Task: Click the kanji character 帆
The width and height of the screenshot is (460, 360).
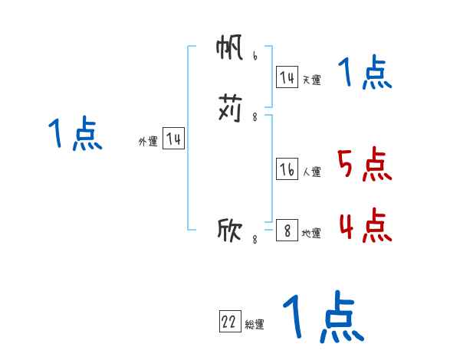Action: tap(230, 50)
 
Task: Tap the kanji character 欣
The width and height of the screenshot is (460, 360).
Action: tap(230, 229)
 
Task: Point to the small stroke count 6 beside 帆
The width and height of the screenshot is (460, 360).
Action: tap(255, 56)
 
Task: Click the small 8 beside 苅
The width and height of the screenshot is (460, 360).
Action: tap(255, 117)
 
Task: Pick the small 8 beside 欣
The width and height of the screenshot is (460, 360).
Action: tap(255, 239)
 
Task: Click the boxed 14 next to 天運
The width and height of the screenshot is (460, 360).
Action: tap(287, 77)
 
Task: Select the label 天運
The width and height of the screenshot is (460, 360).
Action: tap(311, 80)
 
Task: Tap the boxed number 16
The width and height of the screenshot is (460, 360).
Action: tap(287, 170)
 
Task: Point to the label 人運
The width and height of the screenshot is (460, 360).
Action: tap(311, 172)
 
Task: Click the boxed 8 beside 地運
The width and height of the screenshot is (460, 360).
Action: tap(287, 231)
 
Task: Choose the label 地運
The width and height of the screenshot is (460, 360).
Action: tap(311, 233)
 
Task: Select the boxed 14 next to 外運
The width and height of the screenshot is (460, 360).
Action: tap(173, 139)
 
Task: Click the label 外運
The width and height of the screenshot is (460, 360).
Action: tap(148, 141)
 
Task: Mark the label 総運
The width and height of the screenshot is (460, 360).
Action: tap(255, 325)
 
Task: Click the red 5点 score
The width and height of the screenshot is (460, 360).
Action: tap(365, 165)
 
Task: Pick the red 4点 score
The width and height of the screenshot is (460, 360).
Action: tap(365, 225)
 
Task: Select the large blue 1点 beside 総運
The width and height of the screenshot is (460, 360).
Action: tap(323, 317)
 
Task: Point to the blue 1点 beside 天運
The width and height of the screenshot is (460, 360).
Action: tap(365, 74)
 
